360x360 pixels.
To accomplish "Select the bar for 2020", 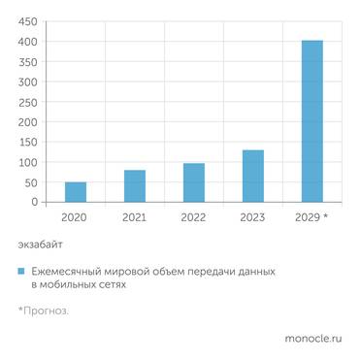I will coord(76,192).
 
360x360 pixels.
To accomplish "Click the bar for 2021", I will coord(135,186).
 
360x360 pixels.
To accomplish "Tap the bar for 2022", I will coord(194,182).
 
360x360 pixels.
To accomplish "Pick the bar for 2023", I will coord(252,176).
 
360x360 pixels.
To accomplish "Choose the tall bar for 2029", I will coord(311,121).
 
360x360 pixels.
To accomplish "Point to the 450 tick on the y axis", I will coord(28,21).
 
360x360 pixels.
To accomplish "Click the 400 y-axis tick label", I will coord(28,42).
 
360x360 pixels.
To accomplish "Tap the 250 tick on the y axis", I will coord(28,102).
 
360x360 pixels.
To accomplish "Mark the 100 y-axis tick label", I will coord(28,162).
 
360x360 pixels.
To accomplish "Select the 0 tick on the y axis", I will coord(34,202).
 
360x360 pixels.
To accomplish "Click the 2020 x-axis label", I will coord(76,217).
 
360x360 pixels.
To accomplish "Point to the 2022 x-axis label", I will coord(194,217).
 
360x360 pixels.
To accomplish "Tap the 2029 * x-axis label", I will coord(311,217).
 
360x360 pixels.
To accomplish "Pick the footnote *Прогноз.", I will coord(44,311).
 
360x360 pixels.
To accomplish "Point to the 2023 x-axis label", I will coord(252,217).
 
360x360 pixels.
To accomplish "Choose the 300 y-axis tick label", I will coord(28,82).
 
